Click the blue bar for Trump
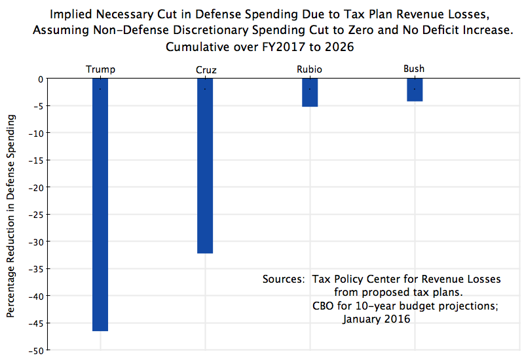tap(100, 204)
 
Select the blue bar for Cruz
tap(205, 165)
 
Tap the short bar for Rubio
tap(310, 92)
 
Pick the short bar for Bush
tap(415, 90)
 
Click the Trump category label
tap(100, 69)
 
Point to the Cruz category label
tap(205, 69)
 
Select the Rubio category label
tap(310, 69)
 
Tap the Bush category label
tap(415, 69)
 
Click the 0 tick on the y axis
tap(40, 79)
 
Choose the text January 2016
tap(376, 319)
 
